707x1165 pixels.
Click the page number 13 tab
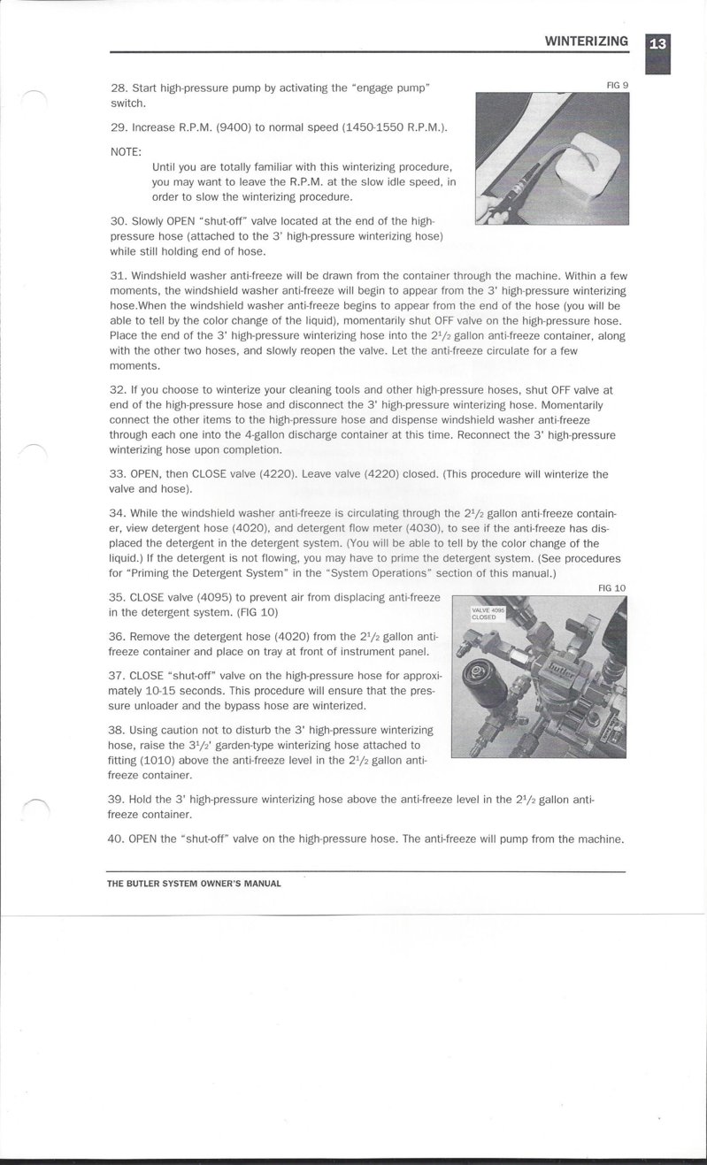tap(657, 44)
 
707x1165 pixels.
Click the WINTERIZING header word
tap(586, 41)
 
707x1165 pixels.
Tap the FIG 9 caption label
tap(617, 85)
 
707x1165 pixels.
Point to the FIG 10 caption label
tap(611, 587)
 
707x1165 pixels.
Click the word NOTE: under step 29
tap(126, 151)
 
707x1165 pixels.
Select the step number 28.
tap(119, 88)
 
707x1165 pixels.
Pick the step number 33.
tap(118, 474)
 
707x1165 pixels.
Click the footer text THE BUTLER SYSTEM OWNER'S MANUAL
tap(194, 884)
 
